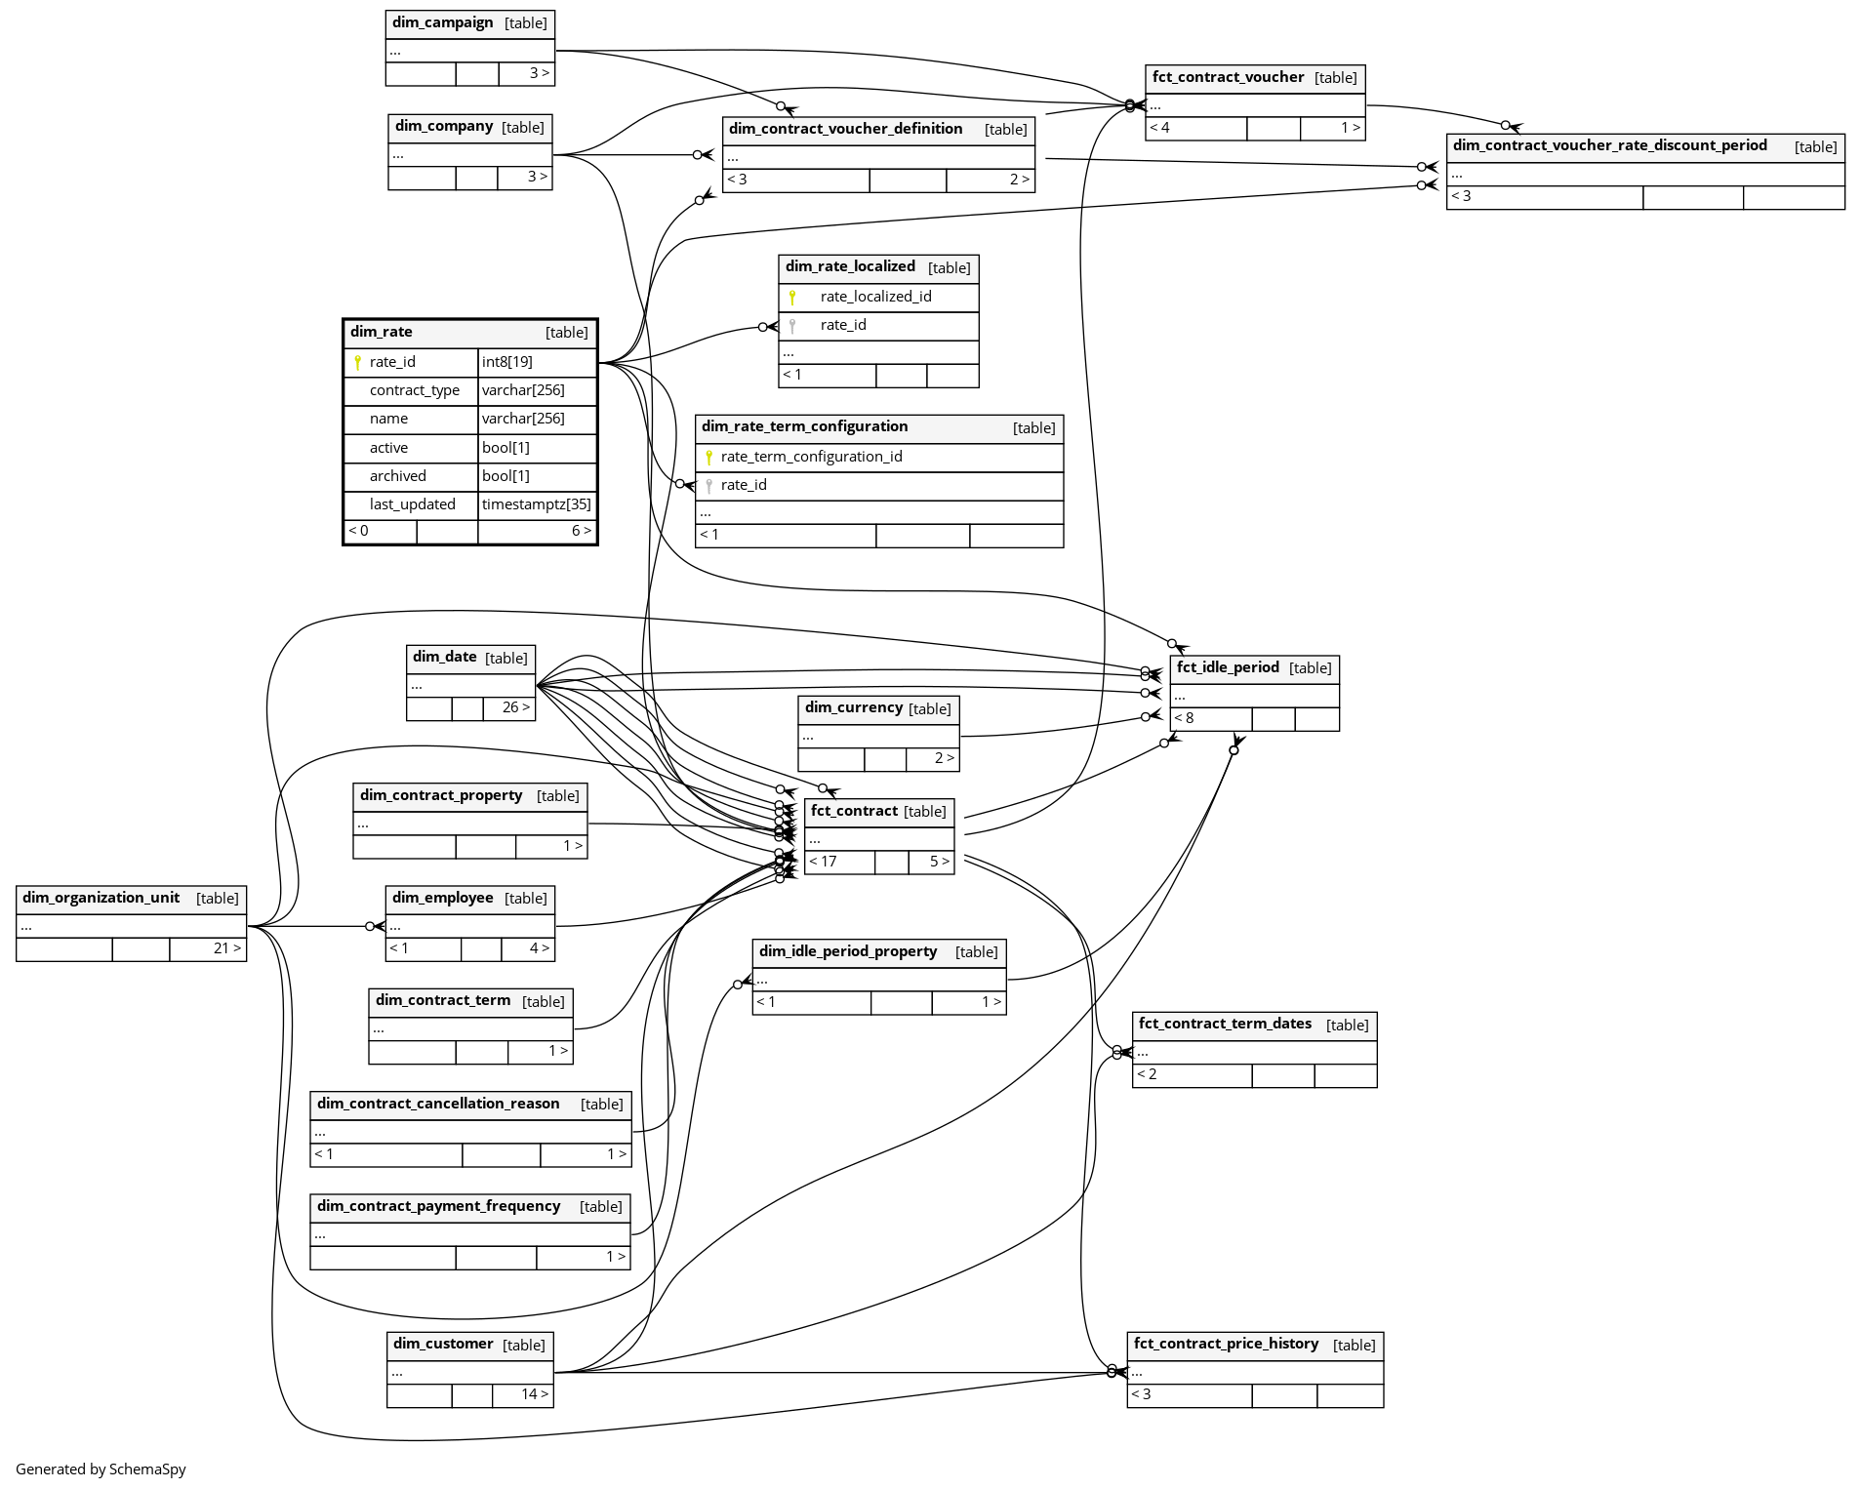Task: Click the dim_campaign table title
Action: pos(442,22)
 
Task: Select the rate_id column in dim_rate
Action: pos(392,362)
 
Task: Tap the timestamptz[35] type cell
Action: pos(536,504)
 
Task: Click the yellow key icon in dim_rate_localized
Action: pos(792,297)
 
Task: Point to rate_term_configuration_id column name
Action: pos(811,457)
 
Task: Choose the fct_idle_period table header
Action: pos(1228,667)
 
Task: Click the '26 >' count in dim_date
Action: pos(516,707)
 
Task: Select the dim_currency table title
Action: pos(854,707)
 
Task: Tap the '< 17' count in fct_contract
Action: pos(823,862)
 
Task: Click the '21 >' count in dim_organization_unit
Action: pos(226,948)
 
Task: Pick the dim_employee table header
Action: pos(442,898)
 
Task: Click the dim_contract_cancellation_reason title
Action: pos(438,1104)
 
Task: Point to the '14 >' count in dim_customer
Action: pos(534,1394)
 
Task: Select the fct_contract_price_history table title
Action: pos(1226,1344)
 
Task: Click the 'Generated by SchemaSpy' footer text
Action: pos(101,1469)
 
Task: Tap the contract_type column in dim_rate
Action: pos(414,390)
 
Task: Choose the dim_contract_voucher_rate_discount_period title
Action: pos(1609,145)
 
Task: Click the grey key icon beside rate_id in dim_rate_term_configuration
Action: pos(709,485)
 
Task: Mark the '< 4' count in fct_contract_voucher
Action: pos(1159,128)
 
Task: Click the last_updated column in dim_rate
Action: pos(412,504)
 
